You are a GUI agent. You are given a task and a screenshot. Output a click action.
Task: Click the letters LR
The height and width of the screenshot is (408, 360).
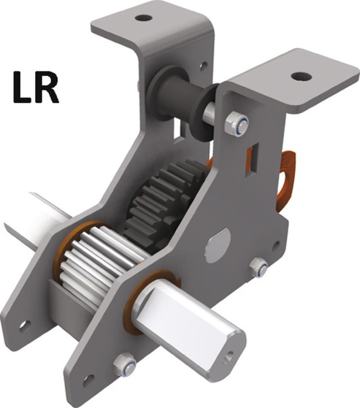35,88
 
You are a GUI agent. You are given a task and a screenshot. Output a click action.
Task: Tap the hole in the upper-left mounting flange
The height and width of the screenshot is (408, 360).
144,17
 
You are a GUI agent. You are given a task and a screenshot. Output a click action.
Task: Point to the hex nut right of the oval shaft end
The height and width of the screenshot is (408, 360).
258,268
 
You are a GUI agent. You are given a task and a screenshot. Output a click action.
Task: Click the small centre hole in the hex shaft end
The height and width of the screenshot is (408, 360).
228,357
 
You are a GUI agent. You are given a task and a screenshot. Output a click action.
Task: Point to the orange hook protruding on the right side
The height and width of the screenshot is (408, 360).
286,179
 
